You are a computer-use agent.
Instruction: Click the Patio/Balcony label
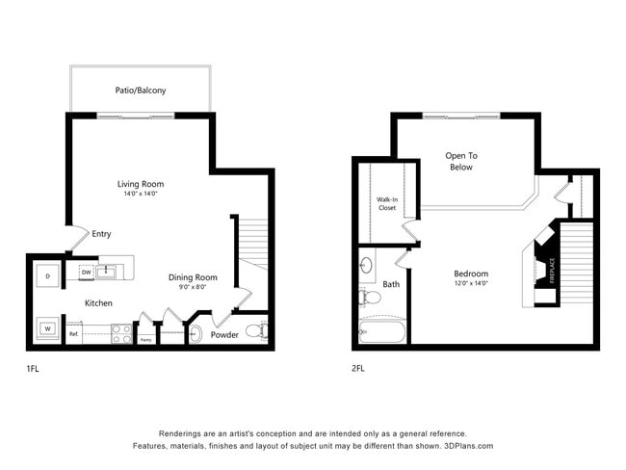pos(141,91)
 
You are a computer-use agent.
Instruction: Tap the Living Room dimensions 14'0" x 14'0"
pos(141,194)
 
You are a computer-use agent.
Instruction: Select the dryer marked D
pos(46,276)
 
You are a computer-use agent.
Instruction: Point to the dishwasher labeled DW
pos(86,273)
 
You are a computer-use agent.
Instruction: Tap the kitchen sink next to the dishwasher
pos(108,273)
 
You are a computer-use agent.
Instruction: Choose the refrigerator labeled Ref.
pos(74,334)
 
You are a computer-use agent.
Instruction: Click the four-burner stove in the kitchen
pos(121,333)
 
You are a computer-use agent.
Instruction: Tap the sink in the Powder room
pos(196,334)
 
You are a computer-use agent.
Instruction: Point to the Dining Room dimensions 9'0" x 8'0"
pos(193,287)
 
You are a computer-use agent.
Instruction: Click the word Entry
pos(101,233)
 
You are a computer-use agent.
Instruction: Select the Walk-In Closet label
pos(386,203)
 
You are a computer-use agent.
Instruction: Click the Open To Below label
pos(460,161)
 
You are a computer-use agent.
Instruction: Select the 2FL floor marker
pos(359,368)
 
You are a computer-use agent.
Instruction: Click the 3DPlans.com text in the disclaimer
pos(466,446)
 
